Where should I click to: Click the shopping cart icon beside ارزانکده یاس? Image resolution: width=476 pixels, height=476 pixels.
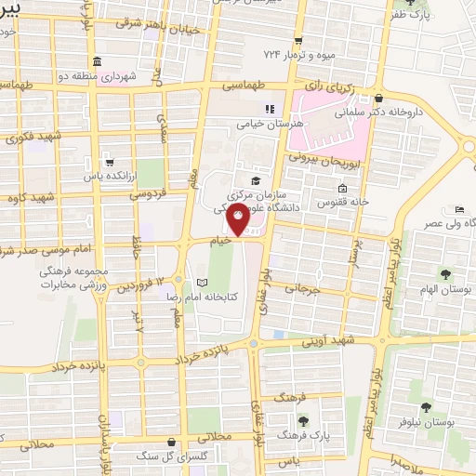(x=109, y=161)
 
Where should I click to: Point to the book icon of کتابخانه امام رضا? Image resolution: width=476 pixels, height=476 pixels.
(x=204, y=282)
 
